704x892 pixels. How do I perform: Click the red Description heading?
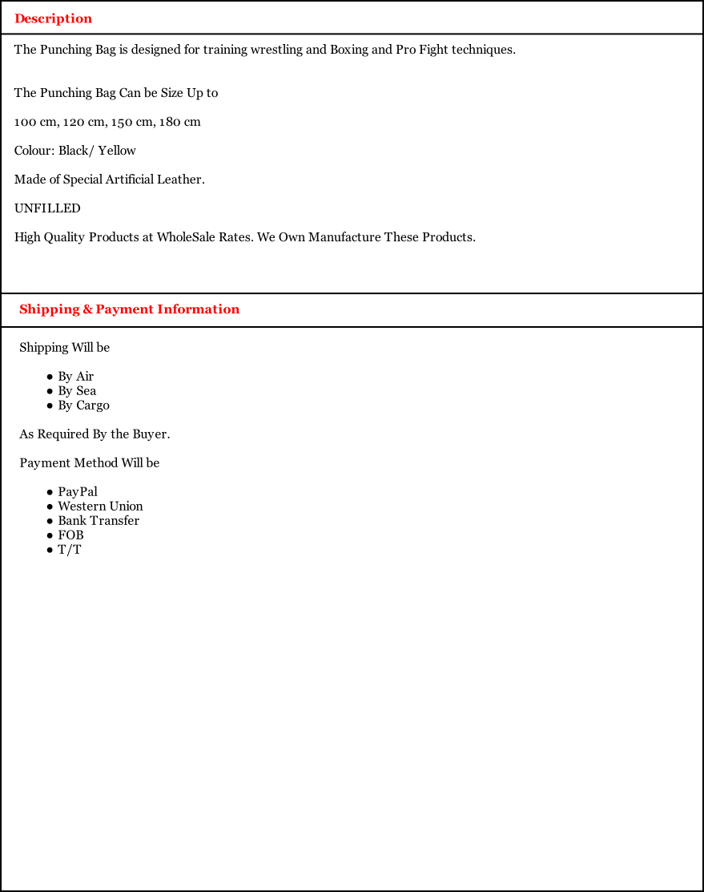(x=53, y=18)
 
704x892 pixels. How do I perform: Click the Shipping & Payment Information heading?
(x=129, y=309)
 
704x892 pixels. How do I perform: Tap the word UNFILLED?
(x=47, y=208)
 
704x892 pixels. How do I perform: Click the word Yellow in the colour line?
(x=117, y=151)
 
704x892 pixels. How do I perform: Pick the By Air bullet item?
(x=75, y=377)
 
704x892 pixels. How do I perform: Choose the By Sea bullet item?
(x=77, y=391)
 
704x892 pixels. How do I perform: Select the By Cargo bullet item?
(x=83, y=406)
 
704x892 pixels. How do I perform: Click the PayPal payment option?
(x=78, y=492)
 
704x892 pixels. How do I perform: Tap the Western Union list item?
(x=100, y=507)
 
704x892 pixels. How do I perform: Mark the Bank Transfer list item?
(x=99, y=521)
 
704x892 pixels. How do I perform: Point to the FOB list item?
(x=70, y=535)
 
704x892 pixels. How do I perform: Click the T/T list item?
(x=69, y=550)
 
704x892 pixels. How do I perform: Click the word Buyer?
(x=151, y=434)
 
